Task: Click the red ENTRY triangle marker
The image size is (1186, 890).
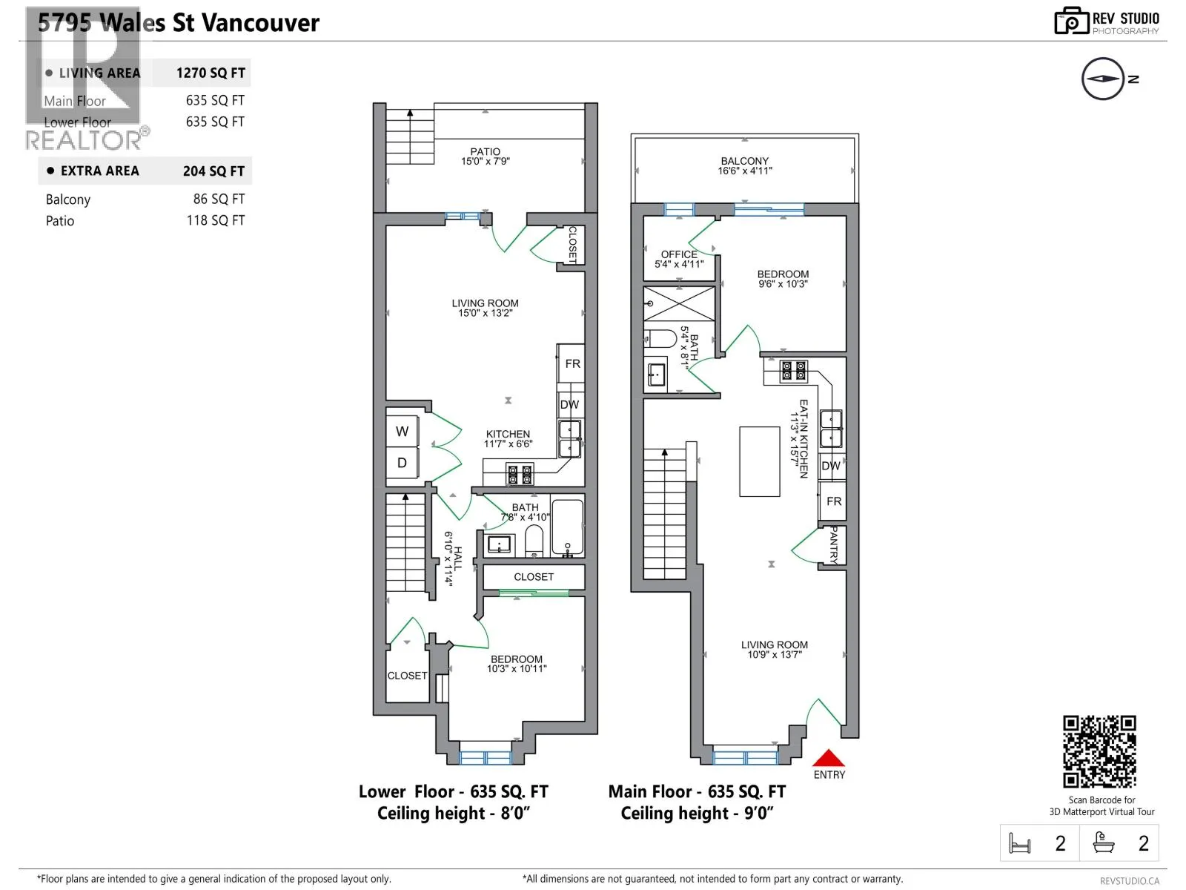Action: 828,758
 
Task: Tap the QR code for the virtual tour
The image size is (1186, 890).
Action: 1099,751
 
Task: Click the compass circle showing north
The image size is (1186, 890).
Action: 1102,79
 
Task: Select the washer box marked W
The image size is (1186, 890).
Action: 402,432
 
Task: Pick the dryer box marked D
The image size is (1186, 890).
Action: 402,463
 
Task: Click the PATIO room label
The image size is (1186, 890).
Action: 486,152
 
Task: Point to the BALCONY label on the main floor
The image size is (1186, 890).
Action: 744,161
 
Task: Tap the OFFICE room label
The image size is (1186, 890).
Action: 679,254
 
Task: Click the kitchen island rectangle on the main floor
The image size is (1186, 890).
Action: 759,461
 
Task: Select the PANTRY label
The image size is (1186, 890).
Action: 833,544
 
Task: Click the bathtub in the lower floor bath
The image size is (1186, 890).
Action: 567,527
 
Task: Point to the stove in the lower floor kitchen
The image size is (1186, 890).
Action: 520,474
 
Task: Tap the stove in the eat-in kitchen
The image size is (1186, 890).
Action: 793,372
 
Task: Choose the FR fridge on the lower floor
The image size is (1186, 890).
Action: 572,363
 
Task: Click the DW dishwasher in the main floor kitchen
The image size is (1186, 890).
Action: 831,466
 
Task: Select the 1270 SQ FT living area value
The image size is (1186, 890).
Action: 211,73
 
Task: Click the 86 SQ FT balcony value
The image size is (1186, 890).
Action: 219,199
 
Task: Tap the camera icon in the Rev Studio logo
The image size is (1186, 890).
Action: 1071,21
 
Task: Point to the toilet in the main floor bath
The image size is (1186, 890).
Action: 660,339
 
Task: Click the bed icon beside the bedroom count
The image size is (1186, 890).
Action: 1019,843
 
